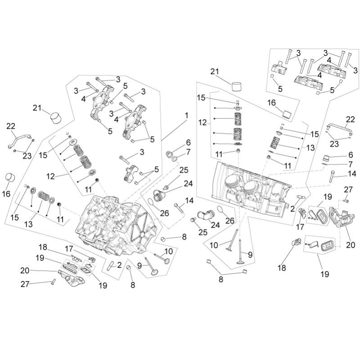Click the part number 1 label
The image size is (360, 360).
click(x=185, y=115)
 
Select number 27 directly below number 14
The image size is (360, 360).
click(x=348, y=189)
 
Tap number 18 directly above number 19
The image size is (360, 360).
click(x=43, y=247)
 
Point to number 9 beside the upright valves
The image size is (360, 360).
click(x=250, y=254)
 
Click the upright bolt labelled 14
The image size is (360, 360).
click(x=332, y=176)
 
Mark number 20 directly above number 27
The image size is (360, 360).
click(x=25, y=270)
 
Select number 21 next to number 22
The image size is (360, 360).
click(x=38, y=108)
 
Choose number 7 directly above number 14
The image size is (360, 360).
click(x=350, y=164)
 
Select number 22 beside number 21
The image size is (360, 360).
click(x=10, y=126)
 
